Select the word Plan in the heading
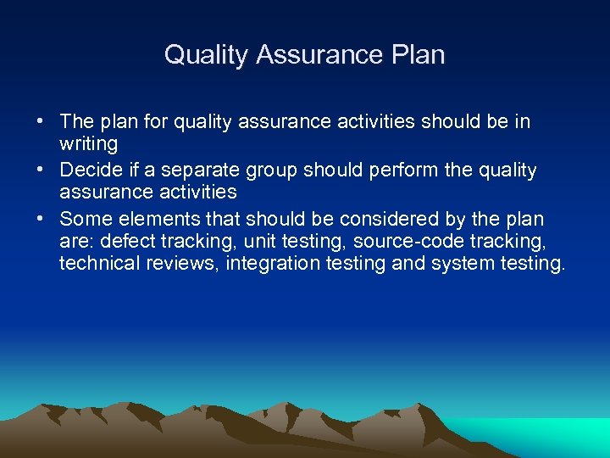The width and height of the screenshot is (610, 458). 415,55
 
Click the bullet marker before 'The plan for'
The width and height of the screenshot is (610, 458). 41,121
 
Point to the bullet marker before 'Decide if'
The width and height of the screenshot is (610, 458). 41,170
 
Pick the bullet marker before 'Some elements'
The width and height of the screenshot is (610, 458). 41,218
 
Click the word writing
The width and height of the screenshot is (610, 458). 88,144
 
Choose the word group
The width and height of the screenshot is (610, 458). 272,170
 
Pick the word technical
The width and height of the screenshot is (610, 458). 100,263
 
